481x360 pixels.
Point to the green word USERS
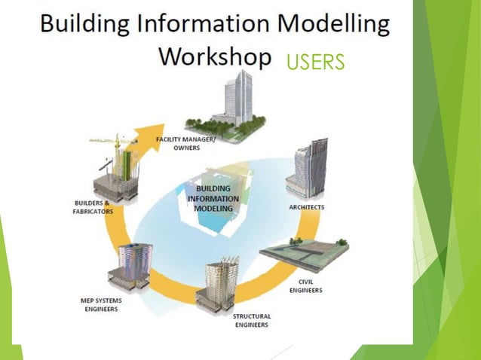coord(315,62)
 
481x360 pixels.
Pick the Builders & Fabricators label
coord(93,207)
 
